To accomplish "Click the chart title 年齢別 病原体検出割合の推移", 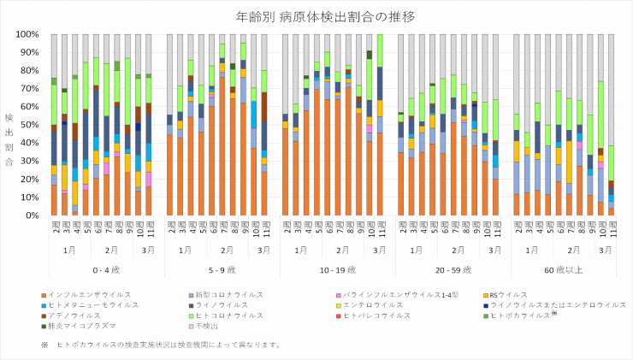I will point(316,15).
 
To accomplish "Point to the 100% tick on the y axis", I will point(25,35).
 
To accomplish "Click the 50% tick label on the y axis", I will point(27,126).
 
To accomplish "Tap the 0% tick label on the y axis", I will point(30,215).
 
